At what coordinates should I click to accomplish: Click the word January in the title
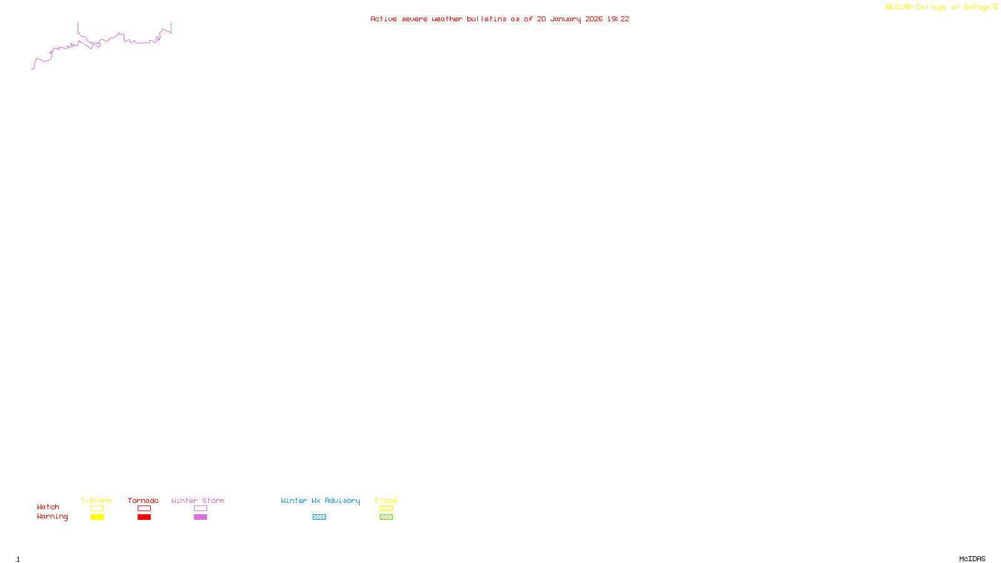pyautogui.click(x=566, y=19)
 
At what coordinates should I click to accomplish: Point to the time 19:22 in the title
pyautogui.click(x=618, y=19)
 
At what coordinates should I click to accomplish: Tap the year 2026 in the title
pyautogui.click(x=594, y=19)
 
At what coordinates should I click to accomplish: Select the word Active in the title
pyautogui.click(x=383, y=19)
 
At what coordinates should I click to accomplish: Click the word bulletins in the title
pyautogui.click(x=486, y=19)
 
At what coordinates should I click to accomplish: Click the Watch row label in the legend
pyautogui.click(x=48, y=507)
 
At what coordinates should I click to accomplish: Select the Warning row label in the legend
pyautogui.click(x=52, y=517)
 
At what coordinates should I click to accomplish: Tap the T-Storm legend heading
pyautogui.click(x=96, y=500)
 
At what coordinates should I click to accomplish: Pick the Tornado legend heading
pyautogui.click(x=143, y=500)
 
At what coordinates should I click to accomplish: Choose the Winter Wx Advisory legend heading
pyautogui.click(x=320, y=500)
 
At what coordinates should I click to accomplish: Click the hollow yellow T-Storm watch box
pyautogui.click(x=97, y=509)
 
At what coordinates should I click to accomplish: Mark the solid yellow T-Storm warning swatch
pyautogui.click(x=97, y=517)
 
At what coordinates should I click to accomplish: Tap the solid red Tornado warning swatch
pyautogui.click(x=144, y=517)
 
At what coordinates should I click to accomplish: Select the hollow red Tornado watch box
pyautogui.click(x=144, y=509)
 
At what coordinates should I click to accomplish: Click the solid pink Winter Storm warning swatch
pyautogui.click(x=200, y=517)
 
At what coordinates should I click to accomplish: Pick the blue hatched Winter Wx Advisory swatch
pyautogui.click(x=319, y=517)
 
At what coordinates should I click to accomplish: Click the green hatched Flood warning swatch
pyautogui.click(x=386, y=517)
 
